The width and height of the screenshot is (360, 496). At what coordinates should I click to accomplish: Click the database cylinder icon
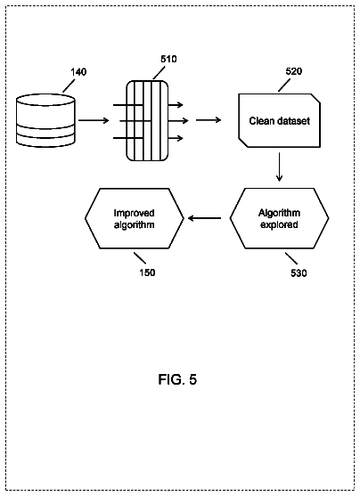point(46,120)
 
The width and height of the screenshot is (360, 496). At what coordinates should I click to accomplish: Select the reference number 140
point(78,72)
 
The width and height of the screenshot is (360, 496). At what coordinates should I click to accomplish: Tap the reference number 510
point(168,59)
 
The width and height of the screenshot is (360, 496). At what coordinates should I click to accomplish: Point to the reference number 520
point(294,71)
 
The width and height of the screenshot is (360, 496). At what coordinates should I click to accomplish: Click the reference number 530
point(299,273)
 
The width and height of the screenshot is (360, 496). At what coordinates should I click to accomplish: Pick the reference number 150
point(148,272)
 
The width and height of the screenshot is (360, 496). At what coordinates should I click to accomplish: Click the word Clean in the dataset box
point(260,121)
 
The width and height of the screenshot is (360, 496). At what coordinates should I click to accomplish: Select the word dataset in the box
point(292,121)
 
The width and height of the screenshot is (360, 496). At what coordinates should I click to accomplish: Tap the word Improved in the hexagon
point(135,213)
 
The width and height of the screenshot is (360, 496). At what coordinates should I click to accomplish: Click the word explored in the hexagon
point(279,224)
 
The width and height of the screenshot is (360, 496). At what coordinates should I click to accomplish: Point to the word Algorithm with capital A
point(279,213)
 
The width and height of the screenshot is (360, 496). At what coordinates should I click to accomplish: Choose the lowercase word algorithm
point(135,225)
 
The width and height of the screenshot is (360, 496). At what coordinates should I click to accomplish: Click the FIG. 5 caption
point(177,379)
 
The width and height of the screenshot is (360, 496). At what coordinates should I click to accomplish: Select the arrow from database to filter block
point(94,120)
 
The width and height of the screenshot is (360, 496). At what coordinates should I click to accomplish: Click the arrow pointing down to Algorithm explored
point(279,167)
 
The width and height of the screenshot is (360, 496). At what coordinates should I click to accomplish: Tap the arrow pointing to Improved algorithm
point(204,218)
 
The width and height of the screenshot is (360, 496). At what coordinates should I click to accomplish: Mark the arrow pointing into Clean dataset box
point(209,120)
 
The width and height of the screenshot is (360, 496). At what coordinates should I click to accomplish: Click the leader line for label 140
point(69,85)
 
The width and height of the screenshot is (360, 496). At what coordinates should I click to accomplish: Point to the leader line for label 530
point(291,258)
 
